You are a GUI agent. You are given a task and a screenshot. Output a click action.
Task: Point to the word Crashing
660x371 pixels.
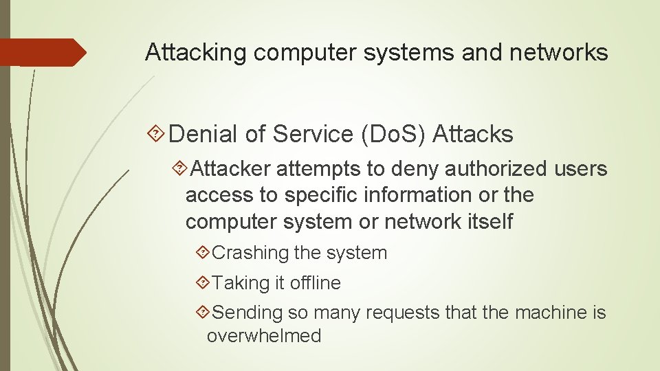(250, 253)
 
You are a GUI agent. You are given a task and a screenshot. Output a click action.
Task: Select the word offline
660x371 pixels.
(315, 282)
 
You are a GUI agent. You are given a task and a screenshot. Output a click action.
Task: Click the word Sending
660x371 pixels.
(247, 313)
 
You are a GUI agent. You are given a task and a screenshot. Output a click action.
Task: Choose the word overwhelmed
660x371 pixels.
(263, 336)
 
